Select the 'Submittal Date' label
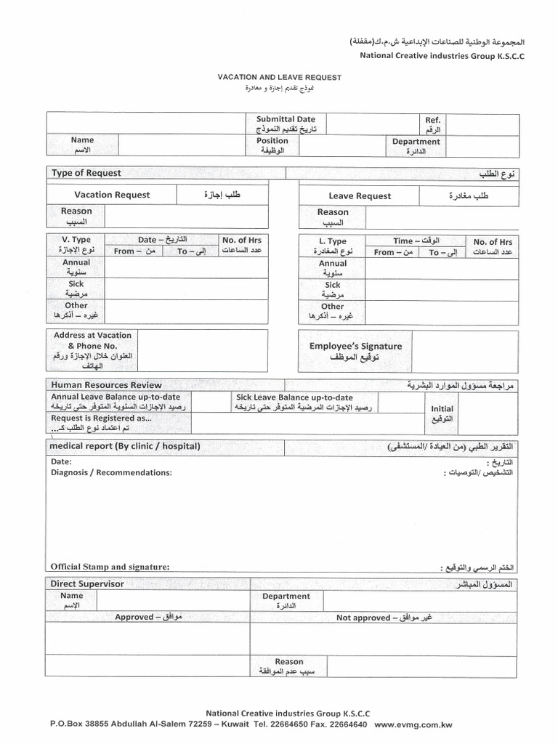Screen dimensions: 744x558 pyautogui.click(x=286, y=118)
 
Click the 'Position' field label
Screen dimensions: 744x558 pyautogui.click(x=272, y=140)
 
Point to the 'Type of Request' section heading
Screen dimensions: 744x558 pyautogui.click(x=86, y=173)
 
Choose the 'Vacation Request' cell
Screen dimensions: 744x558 pyautogui.click(x=112, y=195)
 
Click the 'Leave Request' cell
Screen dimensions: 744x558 pyautogui.click(x=359, y=196)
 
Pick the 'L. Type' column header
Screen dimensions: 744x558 pyautogui.click(x=333, y=240)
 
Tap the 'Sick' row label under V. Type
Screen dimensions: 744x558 pyautogui.click(x=76, y=284)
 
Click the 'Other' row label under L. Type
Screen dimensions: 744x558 pyautogui.click(x=332, y=307)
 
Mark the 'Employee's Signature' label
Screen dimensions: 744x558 pyautogui.click(x=355, y=347)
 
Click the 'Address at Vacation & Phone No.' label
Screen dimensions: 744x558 pyautogui.click(x=92, y=340)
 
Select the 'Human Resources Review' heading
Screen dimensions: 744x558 pyautogui.click(x=106, y=385)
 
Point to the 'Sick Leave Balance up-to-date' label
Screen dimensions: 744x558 pyautogui.click(x=294, y=397)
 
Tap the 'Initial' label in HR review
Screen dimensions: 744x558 pyautogui.click(x=442, y=409)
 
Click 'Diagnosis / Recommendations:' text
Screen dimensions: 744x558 pyautogui.click(x=111, y=473)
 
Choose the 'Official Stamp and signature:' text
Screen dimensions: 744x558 pyautogui.click(x=110, y=567)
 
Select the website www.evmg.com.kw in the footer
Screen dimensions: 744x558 pyautogui.click(x=414, y=724)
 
